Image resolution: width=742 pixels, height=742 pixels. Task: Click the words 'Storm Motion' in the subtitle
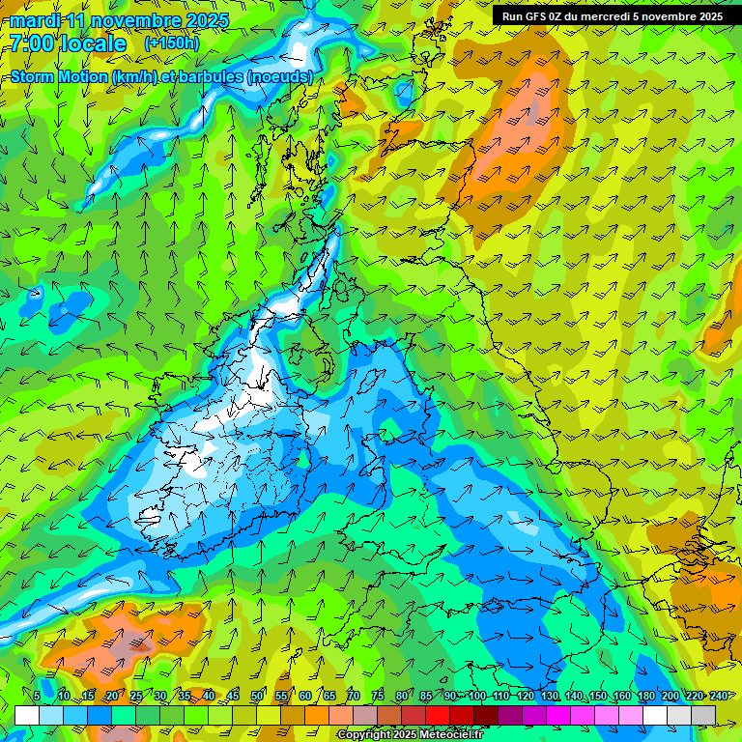click(59, 77)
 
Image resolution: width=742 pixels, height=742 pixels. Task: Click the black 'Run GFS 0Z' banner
click(612, 16)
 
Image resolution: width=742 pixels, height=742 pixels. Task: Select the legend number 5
click(37, 697)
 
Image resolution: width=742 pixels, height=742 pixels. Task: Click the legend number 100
click(476, 697)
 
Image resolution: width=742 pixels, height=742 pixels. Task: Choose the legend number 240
click(718, 697)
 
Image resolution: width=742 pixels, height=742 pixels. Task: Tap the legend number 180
click(645, 697)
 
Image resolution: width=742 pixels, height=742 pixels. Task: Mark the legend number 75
click(378, 697)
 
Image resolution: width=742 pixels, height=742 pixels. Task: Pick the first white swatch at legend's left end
click(27, 715)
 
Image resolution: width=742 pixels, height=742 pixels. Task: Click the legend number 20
click(112, 697)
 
